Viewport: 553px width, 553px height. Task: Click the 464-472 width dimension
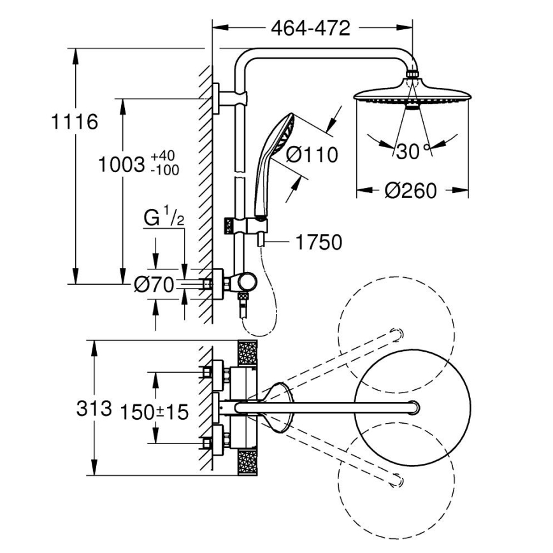click(x=310, y=28)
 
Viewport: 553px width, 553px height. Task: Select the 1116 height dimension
click(x=75, y=122)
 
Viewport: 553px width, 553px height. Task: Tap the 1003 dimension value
click(x=122, y=165)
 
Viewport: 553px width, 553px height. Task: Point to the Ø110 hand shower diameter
click(x=312, y=154)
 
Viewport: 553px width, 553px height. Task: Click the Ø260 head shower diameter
click(x=412, y=190)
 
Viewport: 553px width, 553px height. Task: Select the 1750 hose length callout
click(x=319, y=242)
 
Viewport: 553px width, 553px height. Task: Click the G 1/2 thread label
click(x=164, y=219)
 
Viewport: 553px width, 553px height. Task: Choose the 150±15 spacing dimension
click(x=155, y=412)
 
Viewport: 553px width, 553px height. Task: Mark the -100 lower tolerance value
click(x=165, y=170)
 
